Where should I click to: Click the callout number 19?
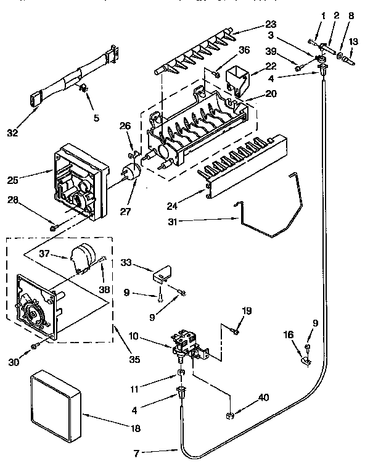click(x=246, y=311)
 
